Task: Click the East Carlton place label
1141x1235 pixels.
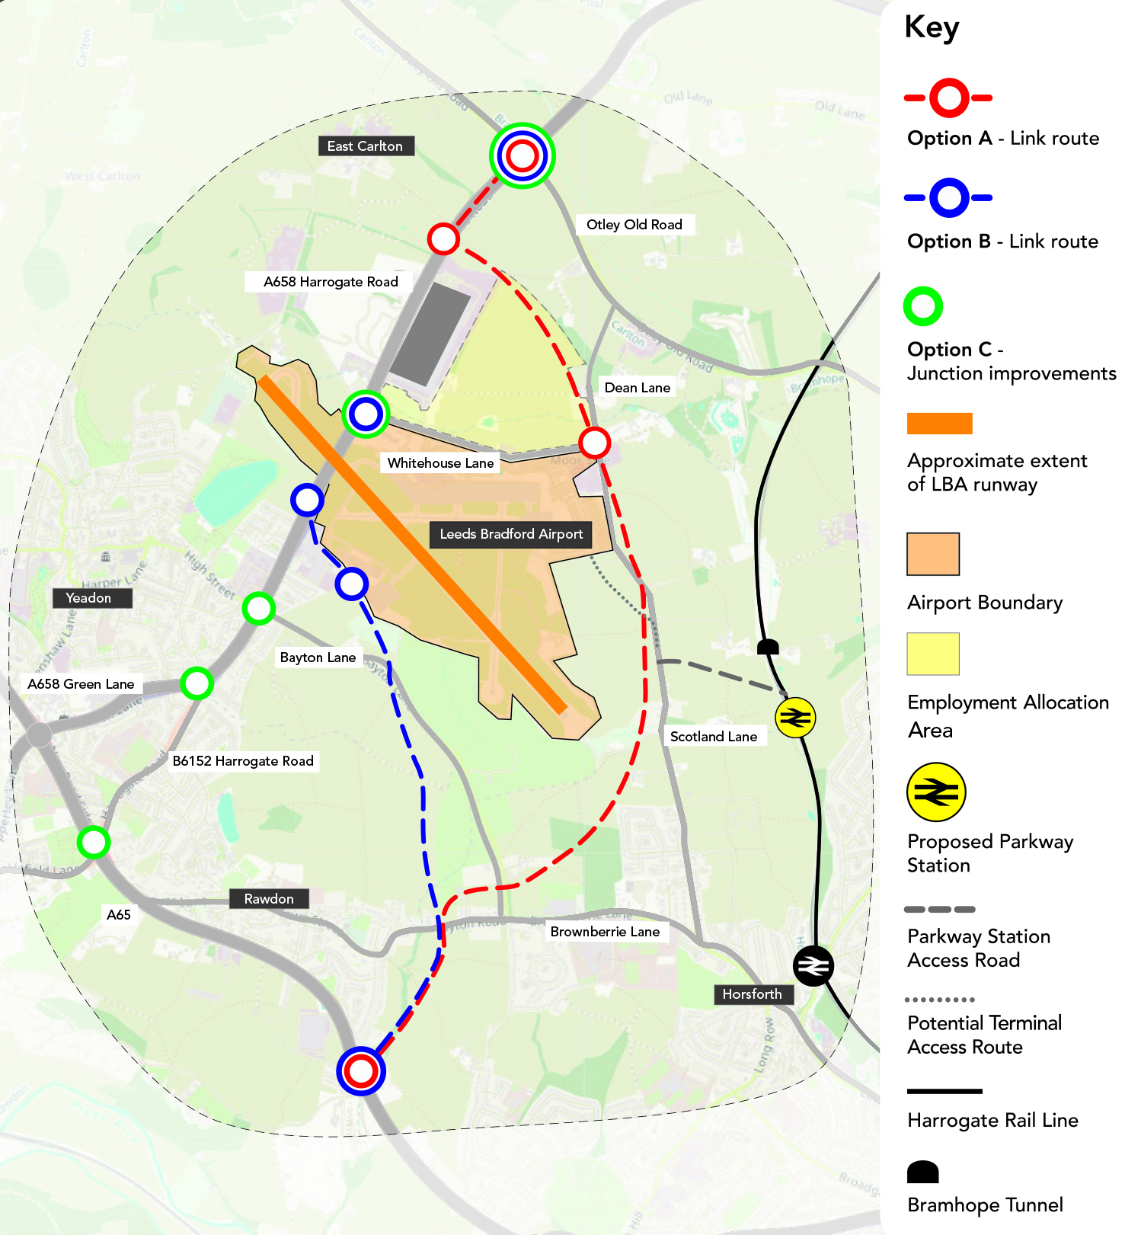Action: [365, 146]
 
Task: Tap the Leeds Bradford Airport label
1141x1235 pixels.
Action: [511, 534]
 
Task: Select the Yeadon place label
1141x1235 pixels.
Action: [88, 598]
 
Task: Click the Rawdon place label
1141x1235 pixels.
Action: [269, 899]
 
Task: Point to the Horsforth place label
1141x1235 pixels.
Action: [752, 994]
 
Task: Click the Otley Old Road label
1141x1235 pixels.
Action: [634, 225]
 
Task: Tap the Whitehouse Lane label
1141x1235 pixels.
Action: [440, 463]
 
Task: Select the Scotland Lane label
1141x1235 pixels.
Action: [713, 737]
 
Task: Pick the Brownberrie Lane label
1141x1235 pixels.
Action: [605, 932]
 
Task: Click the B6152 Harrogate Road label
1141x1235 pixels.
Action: [243, 761]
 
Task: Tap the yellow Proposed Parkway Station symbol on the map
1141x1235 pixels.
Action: [795, 718]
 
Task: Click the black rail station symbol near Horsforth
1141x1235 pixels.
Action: [813, 966]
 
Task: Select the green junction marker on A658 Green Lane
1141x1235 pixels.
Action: [197, 683]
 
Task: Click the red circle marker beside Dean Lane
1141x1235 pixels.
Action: [594, 442]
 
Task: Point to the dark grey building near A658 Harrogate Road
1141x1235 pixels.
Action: [431, 334]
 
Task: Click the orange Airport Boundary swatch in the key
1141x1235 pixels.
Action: [932, 554]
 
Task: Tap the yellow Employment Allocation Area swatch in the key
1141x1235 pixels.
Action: [932, 654]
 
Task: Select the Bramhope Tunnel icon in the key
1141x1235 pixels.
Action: [922, 1172]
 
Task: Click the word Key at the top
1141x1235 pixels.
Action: [932, 27]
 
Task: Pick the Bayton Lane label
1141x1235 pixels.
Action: [318, 657]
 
